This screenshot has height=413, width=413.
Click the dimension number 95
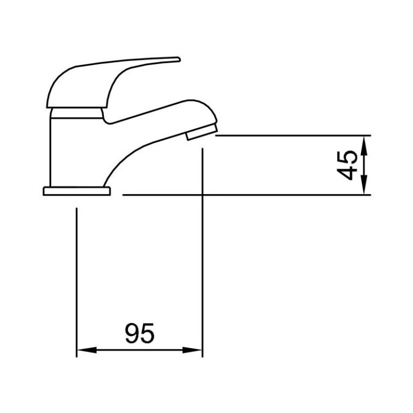pos(140,333)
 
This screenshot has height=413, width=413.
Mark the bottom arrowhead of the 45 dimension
pos(365,188)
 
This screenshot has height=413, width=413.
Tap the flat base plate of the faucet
pos(76,190)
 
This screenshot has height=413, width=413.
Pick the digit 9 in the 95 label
pos(132,333)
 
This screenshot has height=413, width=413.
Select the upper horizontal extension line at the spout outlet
pos(290,135)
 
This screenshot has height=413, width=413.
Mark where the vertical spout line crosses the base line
pos(202,195)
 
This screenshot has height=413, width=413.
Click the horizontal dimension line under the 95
pos(140,351)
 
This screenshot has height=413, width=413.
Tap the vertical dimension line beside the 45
pos(365,165)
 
